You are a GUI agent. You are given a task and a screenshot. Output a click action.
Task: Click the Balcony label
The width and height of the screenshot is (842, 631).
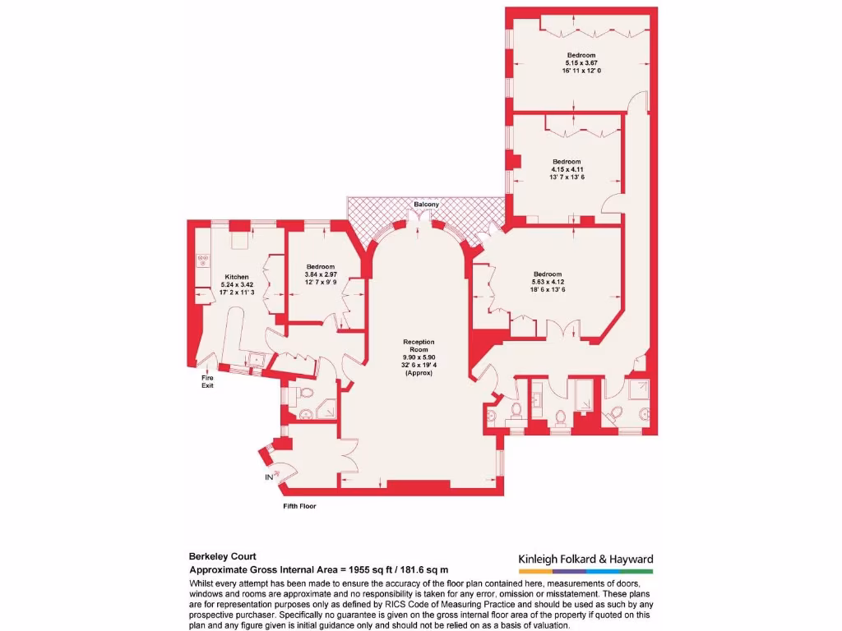tap(426, 204)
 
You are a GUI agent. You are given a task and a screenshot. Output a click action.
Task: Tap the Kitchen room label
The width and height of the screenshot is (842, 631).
tap(237, 277)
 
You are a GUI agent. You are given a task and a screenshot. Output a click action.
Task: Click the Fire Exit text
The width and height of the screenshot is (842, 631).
tap(208, 381)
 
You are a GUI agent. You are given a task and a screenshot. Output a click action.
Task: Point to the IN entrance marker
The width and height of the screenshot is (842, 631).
tap(268, 476)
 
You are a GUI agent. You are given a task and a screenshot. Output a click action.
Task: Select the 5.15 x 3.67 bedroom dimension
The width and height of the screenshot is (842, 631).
tap(582, 62)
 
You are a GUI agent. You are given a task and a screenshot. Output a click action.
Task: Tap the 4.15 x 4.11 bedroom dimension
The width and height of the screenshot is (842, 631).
tap(567, 169)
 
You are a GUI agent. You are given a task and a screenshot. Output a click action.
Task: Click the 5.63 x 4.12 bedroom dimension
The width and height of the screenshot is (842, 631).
tap(547, 282)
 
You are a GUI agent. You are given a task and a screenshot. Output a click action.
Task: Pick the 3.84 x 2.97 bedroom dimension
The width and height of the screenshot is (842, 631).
tap(321, 274)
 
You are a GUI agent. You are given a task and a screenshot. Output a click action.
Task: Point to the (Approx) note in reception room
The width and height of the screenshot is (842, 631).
tap(419, 374)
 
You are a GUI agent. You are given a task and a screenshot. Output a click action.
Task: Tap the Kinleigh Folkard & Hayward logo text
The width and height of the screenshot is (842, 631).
tap(585, 560)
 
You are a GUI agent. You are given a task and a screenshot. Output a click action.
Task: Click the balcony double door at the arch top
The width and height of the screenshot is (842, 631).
tap(420, 219)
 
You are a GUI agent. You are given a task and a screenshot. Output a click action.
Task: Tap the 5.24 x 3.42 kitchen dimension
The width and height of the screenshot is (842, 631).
tap(237, 285)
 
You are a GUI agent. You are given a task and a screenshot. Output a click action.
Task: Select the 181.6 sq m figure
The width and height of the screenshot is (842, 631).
tap(422, 569)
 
